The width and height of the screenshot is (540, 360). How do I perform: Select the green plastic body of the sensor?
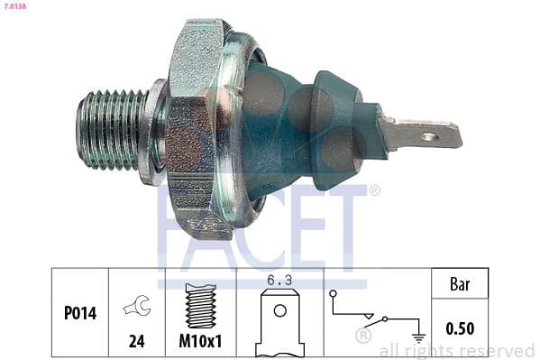tap(297, 126)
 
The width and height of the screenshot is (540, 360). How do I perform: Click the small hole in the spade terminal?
tap(428, 138)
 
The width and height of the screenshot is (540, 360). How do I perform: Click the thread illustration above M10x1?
tap(201, 305)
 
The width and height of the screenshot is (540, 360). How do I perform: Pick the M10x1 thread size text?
tap(201, 340)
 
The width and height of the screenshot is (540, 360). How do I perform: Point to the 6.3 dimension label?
tap(279, 281)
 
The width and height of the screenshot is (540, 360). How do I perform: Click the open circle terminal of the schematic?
tap(333, 294)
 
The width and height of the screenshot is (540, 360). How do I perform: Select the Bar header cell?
tap(461, 284)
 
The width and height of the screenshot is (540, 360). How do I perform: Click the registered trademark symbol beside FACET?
tap(374, 190)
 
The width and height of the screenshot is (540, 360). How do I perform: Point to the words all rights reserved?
tap(456, 350)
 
